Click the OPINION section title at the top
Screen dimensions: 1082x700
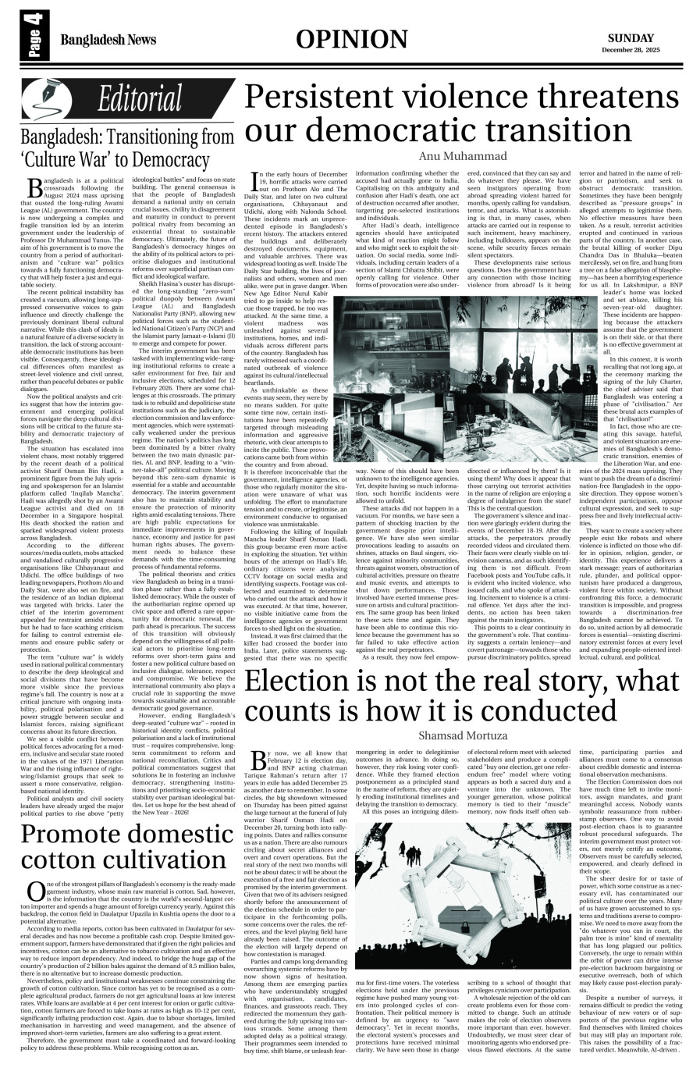point(351,40)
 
